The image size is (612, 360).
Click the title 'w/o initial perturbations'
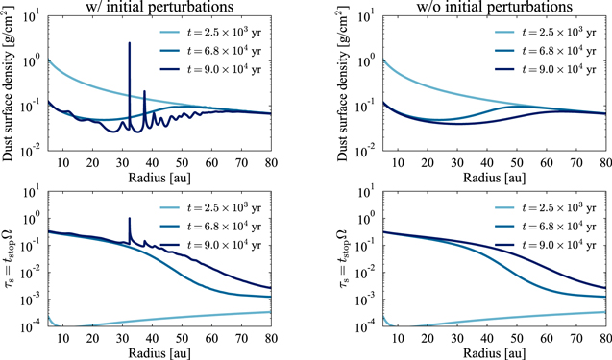click(478, 9)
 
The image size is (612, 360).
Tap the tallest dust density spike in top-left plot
click(130, 44)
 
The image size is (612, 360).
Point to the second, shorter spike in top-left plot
click(145, 92)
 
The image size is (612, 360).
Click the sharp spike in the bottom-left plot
click(130, 220)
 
